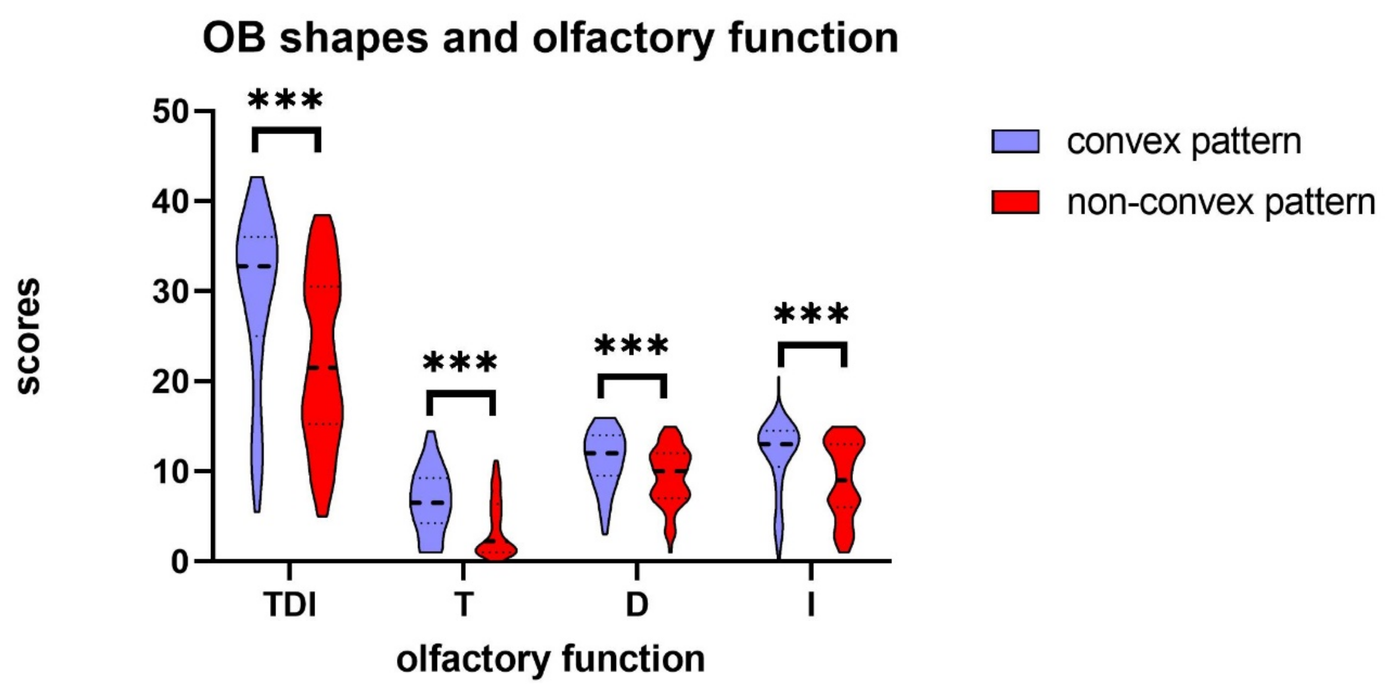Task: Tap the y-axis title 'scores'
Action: click(28, 336)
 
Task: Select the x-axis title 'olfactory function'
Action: click(551, 659)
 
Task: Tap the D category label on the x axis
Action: click(636, 604)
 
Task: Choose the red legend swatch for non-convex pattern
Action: click(1015, 202)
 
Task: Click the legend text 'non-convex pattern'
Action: click(1220, 202)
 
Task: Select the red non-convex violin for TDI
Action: click(322, 368)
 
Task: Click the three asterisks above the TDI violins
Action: click(285, 101)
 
